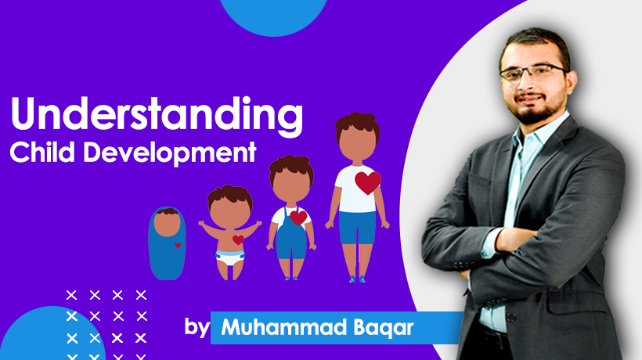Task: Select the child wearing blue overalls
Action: [x=290, y=219]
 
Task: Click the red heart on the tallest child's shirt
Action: [x=367, y=182]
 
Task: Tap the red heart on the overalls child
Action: [x=298, y=217]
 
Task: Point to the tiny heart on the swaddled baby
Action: [x=178, y=245]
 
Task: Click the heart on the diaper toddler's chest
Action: [x=237, y=239]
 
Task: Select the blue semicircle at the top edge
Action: [x=274, y=16]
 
